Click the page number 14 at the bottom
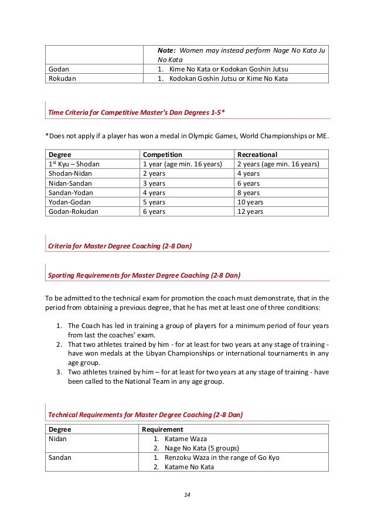click(x=187, y=495)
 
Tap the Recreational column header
click(x=257, y=154)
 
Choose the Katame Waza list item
click(x=186, y=439)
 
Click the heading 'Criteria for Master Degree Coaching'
click(x=120, y=247)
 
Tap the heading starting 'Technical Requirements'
click(x=145, y=415)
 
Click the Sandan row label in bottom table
click(x=60, y=458)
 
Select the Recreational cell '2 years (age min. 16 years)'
click(x=277, y=165)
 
